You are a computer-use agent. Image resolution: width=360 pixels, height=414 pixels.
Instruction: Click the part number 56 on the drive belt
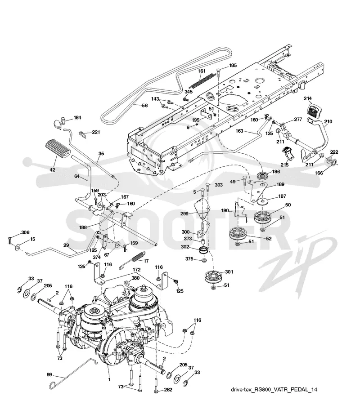(x=144, y=106)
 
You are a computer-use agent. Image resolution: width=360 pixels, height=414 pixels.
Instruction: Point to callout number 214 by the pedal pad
(x=307, y=98)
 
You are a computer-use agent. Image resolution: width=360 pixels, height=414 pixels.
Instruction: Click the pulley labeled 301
(x=212, y=277)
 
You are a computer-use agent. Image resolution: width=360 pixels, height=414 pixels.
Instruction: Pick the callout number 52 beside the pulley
(x=269, y=238)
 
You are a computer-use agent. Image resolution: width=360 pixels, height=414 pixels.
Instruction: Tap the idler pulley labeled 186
(x=263, y=176)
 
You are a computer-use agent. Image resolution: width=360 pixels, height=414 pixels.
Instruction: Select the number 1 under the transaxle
(x=109, y=380)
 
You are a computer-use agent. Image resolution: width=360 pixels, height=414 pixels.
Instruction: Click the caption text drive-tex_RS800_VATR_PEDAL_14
(x=274, y=389)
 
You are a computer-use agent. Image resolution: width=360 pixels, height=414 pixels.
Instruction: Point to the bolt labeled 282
(x=157, y=384)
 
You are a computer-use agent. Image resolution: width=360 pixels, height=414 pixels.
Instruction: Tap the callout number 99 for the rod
(x=49, y=374)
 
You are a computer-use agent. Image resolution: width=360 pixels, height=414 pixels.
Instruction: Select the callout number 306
(x=25, y=232)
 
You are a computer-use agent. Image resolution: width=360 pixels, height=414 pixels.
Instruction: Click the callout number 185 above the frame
(x=233, y=66)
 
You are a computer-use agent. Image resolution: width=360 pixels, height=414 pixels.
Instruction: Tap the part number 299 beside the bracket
(x=184, y=214)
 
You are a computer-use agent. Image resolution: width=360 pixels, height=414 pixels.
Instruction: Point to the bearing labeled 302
(x=203, y=250)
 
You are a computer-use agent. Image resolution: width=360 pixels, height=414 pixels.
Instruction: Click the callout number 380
(x=135, y=278)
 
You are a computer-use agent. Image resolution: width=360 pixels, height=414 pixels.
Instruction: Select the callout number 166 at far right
(x=319, y=173)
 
